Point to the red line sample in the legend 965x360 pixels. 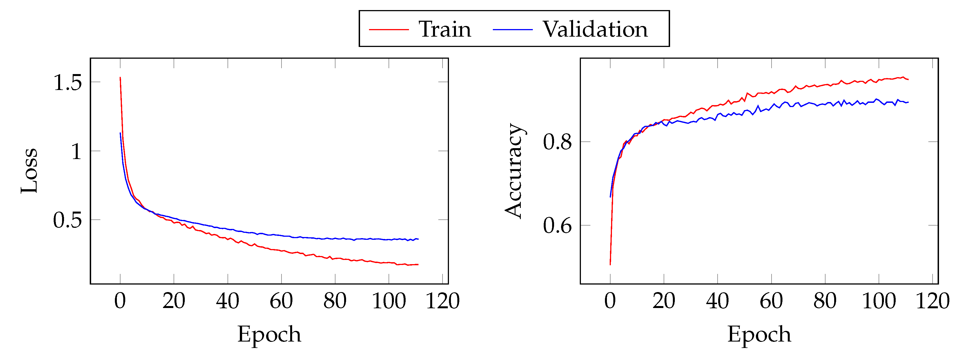click(389, 29)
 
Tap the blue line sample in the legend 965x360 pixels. click(512, 29)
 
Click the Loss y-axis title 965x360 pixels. click(29, 170)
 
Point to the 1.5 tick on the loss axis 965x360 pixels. click(67, 82)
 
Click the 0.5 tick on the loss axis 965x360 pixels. click(67, 220)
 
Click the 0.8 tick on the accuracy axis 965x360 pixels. click(557, 142)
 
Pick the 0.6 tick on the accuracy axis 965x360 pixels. click(557, 226)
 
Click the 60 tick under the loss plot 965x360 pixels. click(281, 300)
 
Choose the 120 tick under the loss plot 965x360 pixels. click(443, 300)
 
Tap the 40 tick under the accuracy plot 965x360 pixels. click(717, 300)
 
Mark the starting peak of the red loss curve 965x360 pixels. click(120, 77)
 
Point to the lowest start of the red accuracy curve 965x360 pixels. click(610, 264)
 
